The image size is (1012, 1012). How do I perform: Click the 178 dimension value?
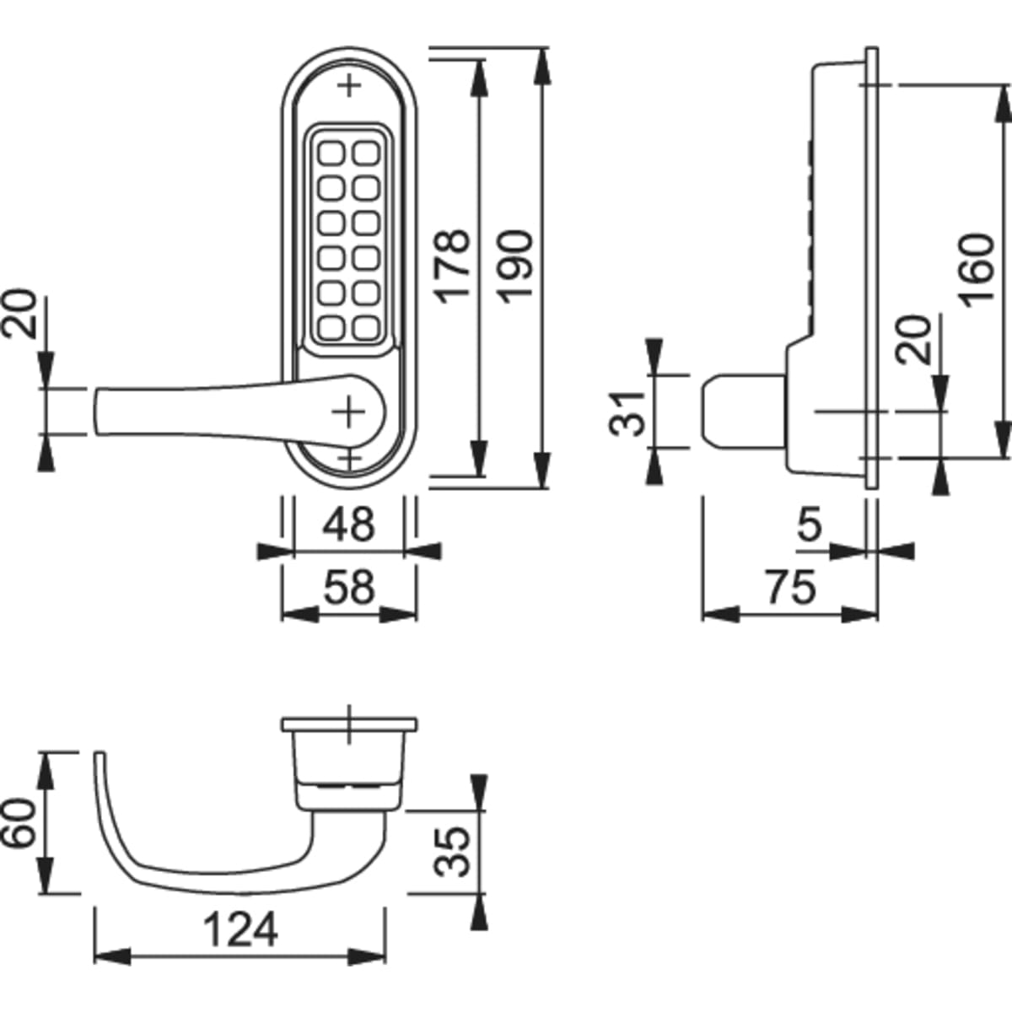coord(453,264)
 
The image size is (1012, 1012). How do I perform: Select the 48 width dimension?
coord(349,524)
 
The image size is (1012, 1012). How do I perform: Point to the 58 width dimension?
coord(349,587)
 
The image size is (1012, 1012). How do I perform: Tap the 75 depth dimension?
coord(791,587)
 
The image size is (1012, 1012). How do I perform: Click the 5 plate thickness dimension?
coord(808,525)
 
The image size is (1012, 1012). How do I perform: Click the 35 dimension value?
coord(455,851)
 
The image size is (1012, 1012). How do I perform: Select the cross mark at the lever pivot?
coord(347,412)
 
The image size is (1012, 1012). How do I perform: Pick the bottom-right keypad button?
coord(367,326)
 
